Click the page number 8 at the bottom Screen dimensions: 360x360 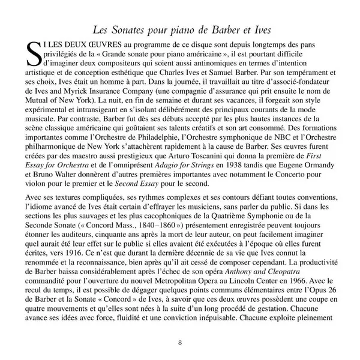click(x=180, y=343)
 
